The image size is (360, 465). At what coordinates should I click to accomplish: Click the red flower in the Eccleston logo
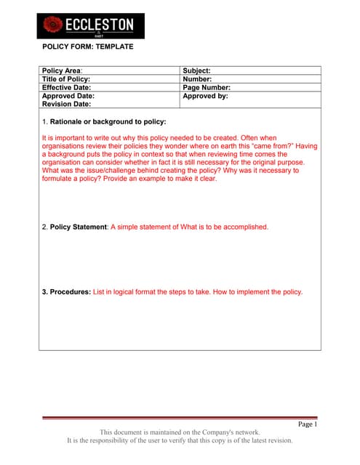[52, 25]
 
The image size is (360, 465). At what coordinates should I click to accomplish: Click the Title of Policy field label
[71, 79]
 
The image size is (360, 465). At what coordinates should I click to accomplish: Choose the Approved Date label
[68, 95]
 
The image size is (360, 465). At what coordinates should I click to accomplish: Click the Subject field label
[196, 70]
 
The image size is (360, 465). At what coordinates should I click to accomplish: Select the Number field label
[197, 79]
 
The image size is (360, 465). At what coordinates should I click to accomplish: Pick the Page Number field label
[207, 87]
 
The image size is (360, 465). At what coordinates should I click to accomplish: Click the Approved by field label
[205, 95]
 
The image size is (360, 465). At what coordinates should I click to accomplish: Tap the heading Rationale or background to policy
[108, 121]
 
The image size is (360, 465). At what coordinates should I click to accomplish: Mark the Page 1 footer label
[308, 424]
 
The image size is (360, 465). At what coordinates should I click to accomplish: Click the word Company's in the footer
[215, 432]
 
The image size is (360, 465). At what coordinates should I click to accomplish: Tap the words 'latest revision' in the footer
[268, 440]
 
